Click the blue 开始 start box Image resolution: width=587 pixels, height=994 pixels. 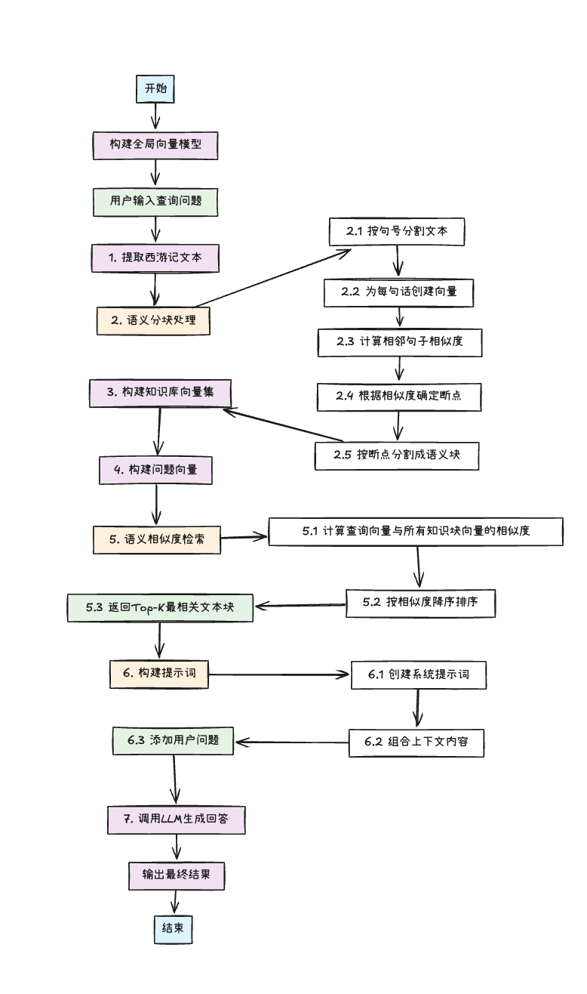coord(155,88)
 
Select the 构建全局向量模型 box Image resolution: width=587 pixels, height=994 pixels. coord(155,145)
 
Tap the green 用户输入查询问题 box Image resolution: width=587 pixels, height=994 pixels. coord(155,201)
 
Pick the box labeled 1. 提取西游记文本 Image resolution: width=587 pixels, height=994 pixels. coord(155,258)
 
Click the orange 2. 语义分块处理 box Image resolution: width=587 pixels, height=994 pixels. coord(153,320)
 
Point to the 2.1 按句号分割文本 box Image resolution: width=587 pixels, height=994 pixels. coord(396,231)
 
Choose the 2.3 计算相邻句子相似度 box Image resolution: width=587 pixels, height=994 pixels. coord(398,342)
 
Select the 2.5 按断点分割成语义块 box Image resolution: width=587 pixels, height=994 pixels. coord(396,455)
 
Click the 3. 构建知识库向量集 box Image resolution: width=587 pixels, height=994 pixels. coord(159,393)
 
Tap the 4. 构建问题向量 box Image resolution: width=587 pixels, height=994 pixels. coord(155,470)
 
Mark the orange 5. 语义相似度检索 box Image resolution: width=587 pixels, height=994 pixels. coord(157,539)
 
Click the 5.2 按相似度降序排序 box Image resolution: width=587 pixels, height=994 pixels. coord(422,603)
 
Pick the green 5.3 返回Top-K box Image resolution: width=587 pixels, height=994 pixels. coord(159,607)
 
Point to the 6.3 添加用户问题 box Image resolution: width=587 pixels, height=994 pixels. coord(173,740)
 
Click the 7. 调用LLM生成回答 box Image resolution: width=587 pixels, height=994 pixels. coord(177,819)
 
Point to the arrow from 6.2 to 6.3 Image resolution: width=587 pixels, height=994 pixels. coord(291,742)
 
